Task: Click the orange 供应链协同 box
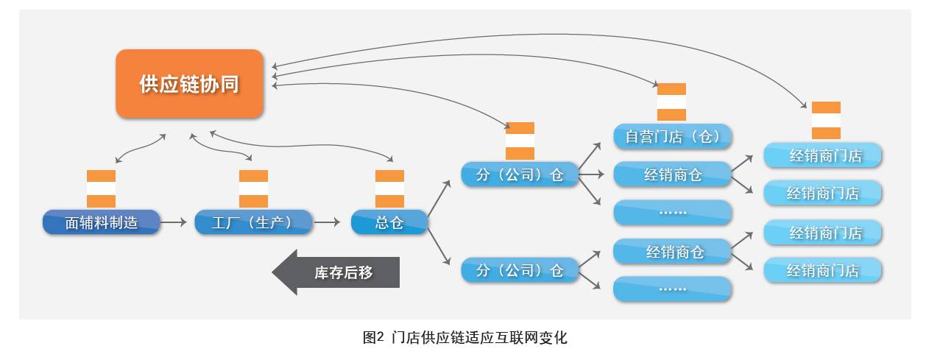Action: coord(189,83)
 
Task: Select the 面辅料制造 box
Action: coord(101,222)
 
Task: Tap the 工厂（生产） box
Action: coord(253,222)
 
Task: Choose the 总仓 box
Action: coord(389,222)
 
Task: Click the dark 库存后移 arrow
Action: coord(336,272)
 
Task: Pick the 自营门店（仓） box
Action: coord(672,136)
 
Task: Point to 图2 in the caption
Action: coord(373,338)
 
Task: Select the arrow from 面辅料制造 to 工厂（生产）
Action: coord(174,222)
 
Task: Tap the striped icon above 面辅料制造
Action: coord(101,188)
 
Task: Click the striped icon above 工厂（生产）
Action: coord(253,188)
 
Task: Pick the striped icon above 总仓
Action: coord(389,188)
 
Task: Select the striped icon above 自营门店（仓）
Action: coord(671,102)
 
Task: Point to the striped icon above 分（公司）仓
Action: coord(520,141)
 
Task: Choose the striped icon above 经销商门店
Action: coord(826,120)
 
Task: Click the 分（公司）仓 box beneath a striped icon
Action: coord(519,174)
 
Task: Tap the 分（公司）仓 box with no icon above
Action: coord(519,270)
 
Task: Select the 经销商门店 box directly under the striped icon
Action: coord(822,155)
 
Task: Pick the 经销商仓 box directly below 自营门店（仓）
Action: coord(672,174)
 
